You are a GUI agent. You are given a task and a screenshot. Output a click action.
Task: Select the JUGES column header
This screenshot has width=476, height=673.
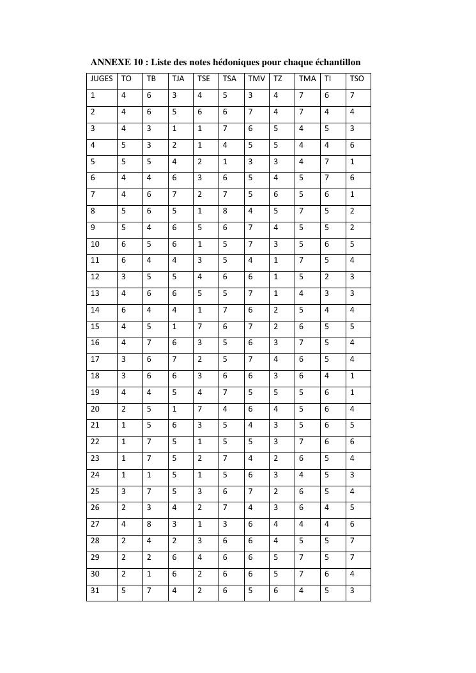coord(102,79)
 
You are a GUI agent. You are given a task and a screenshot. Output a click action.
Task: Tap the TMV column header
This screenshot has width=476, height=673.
coord(256,79)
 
